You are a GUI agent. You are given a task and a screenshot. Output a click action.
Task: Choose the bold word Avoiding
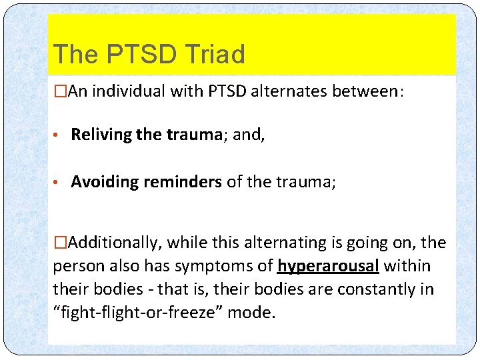coord(102,182)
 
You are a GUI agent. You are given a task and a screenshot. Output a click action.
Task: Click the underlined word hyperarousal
coord(328,267)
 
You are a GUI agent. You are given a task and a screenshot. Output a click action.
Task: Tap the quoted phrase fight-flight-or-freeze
coord(137,313)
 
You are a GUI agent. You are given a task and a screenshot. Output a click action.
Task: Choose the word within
coord(406,267)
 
